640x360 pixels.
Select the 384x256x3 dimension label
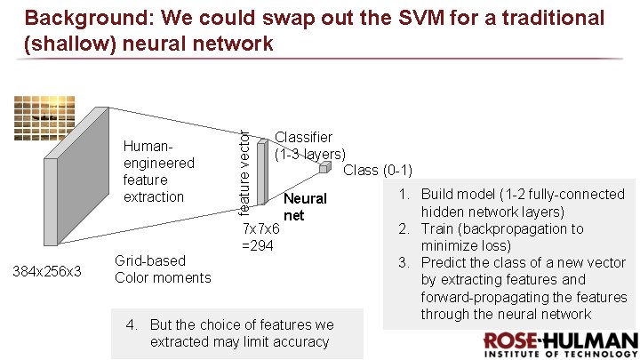(x=46, y=270)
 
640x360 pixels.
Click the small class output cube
(x=324, y=166)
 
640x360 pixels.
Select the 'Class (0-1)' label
(x=377, y=171)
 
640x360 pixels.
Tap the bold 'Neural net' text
(x=304, y=206)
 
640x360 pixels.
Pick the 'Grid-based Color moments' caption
(x=163, y=269)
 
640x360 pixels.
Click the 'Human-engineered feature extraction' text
(x=158, y=171)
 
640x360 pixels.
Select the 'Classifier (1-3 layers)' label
(x=308, y=146)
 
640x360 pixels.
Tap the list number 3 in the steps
(x=402, y=262)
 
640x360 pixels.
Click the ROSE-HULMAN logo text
(x=560, y=341)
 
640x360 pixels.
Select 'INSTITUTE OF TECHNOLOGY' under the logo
(x=560, y=354)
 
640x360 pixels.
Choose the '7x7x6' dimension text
(x=260, y=228)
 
